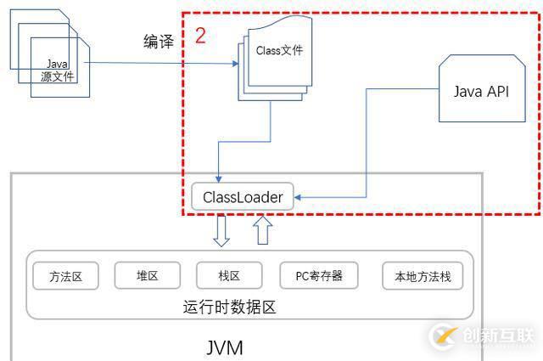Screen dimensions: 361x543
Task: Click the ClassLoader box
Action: (242, 198)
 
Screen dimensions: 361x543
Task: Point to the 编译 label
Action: (159, 42)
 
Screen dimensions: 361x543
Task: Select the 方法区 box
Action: (65, 275)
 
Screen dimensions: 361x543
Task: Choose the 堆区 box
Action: (148, 275)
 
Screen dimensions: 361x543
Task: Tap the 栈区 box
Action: (229, 275)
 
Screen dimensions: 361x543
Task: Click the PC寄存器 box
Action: (318, 275)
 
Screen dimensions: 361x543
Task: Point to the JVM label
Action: (225, 348)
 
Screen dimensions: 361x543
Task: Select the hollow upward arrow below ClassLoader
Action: (263, 229)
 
